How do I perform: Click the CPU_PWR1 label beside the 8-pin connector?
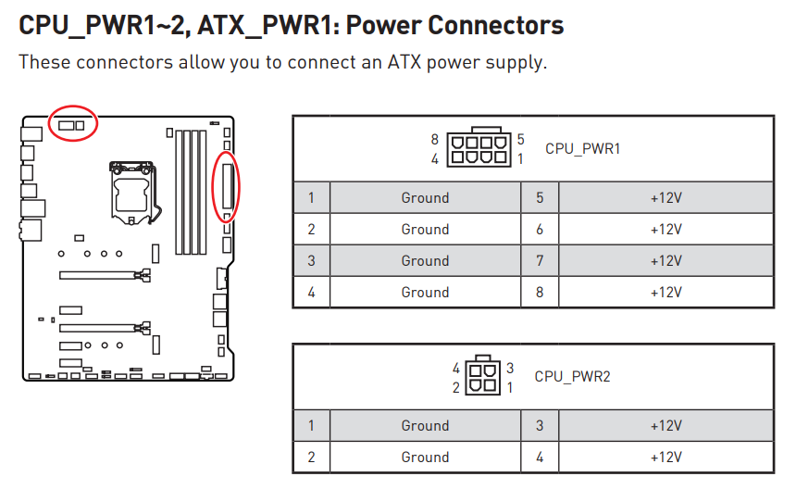pos(582,148)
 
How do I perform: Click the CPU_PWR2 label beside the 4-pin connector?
pos(572,376)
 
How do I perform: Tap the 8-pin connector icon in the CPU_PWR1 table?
pos(479,148)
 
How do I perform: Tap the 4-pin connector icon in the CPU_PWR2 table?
pos(480,377)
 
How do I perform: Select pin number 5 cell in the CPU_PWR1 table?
pos(540,197)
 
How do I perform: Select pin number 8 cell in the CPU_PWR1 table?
pos(540,292)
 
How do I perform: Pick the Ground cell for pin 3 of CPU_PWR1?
pos(425,260)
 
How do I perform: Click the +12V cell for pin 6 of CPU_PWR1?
pos(665,229)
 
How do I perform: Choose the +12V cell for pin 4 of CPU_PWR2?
pos(665,457)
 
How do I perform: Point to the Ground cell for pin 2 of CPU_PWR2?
pos(425,457)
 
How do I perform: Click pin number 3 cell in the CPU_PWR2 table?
pos(540,425)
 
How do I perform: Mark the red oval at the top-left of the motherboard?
pos(73,123)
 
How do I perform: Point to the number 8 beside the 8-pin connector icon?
pos(434,139)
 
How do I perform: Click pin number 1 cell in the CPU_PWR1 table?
pos(312,197)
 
